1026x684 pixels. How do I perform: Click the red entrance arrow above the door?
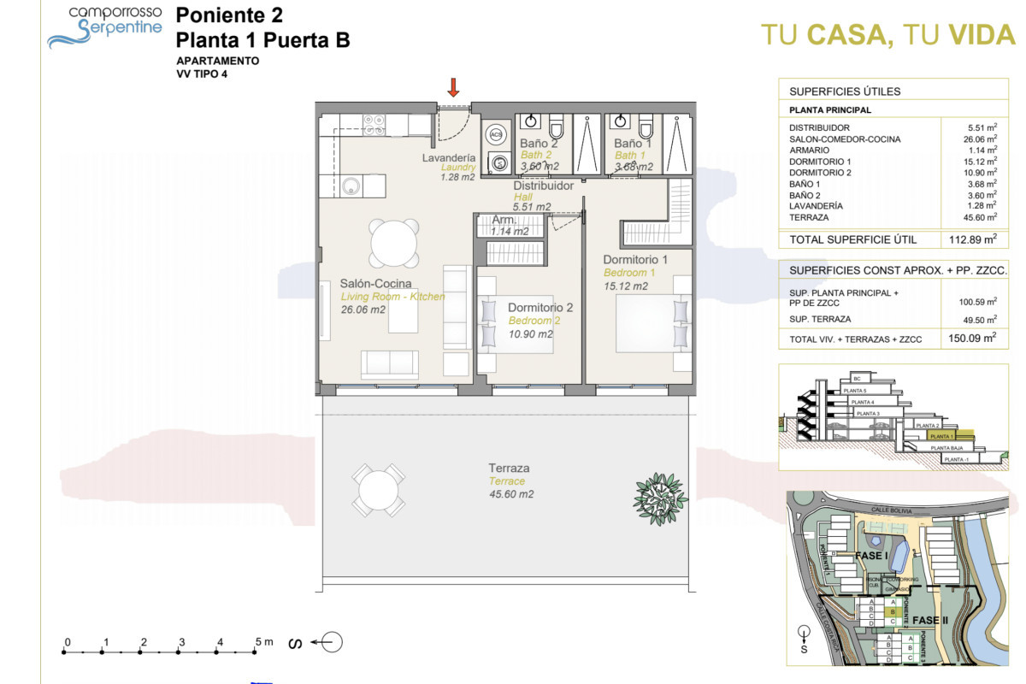click(453, 86)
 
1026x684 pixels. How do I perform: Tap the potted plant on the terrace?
click(660, 492)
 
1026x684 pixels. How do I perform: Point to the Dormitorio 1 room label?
click(634, 259)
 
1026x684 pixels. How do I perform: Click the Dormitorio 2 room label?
click(540, 307)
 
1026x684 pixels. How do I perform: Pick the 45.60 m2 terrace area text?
click(511, 494)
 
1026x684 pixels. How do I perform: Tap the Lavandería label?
click(449, 158)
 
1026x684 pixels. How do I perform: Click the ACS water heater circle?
click(497, 135)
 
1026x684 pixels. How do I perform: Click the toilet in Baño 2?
click(557, 128)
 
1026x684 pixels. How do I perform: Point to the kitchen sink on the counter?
click(351, 184)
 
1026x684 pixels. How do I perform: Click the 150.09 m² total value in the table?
click(974, 338)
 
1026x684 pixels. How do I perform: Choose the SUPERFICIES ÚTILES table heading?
click(844, 91)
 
